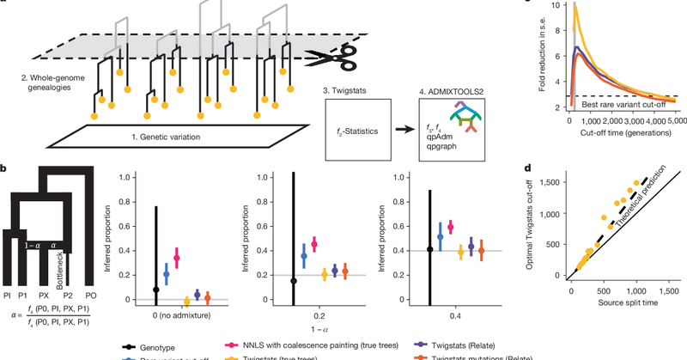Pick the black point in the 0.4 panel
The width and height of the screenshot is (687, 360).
click(430, 249)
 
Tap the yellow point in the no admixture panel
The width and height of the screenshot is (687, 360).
click(187, 302)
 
